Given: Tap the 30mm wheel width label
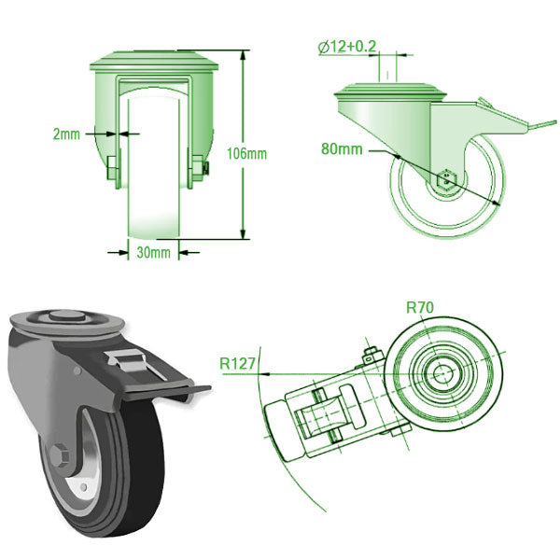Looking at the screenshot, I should point(153,252).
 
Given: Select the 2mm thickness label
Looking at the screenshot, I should point(66,133).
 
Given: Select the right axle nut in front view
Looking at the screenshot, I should point(200,166).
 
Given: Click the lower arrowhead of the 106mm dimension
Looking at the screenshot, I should point(244,234).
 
